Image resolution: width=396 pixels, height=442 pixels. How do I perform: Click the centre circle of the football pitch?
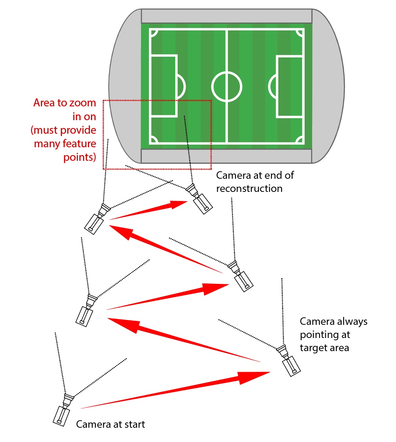[226, 87]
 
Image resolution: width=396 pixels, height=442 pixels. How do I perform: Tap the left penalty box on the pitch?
[164, 86]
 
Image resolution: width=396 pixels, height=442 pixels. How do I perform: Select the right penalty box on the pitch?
[290, 87]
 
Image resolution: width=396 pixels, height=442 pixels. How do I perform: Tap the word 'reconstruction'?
[249, 189]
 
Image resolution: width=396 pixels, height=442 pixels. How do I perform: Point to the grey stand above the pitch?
[226, 16]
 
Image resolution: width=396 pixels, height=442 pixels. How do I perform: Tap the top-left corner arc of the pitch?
[153, 32]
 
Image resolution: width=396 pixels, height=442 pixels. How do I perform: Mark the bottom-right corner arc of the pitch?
[300, 140]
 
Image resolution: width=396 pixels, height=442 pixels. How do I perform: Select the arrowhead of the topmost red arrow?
[178, 205]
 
